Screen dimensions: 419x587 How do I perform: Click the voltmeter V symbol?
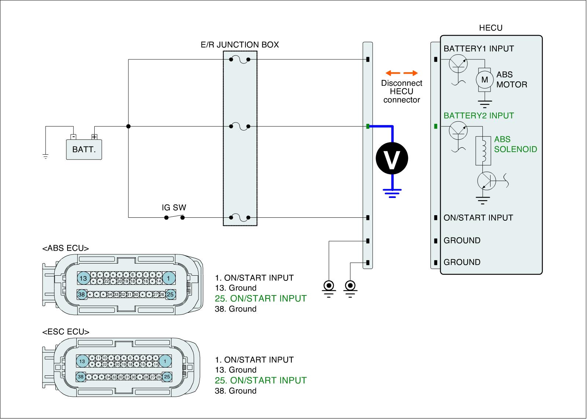tap(392, 158)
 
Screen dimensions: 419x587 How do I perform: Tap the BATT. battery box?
tap(84, 150)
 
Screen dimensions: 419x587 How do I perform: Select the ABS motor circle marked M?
tap(485, 80)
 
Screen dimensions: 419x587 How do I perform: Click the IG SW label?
tap(174, 207)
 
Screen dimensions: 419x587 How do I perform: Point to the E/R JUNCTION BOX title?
tap(240, 45)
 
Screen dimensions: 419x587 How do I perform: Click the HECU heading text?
tap(491, 28)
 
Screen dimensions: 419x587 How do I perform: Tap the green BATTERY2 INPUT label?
tap(478, 116)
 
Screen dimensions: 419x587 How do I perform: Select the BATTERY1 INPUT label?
tap(478, 49)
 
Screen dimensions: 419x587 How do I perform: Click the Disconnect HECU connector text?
tap(401, 92)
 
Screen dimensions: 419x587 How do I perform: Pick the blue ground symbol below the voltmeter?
tap(392, 192)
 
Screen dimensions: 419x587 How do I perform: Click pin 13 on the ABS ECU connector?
tap(83, 278)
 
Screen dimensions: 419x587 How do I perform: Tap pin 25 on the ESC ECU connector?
tap(167, 376)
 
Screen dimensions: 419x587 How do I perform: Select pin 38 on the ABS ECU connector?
tap(81, 294)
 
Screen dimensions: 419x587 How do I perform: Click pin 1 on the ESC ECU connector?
tap(165, 361)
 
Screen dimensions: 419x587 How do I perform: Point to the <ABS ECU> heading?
tap(66, 249)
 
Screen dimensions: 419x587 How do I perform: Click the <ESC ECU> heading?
tap(66, 332)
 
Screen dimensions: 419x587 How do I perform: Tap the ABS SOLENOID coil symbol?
tap(483, 151)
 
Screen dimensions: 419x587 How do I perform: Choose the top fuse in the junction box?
tap(240, 59)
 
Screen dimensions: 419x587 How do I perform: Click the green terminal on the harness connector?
tap(368, 126)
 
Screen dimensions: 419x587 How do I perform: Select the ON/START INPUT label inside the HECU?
tap(478, 218)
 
